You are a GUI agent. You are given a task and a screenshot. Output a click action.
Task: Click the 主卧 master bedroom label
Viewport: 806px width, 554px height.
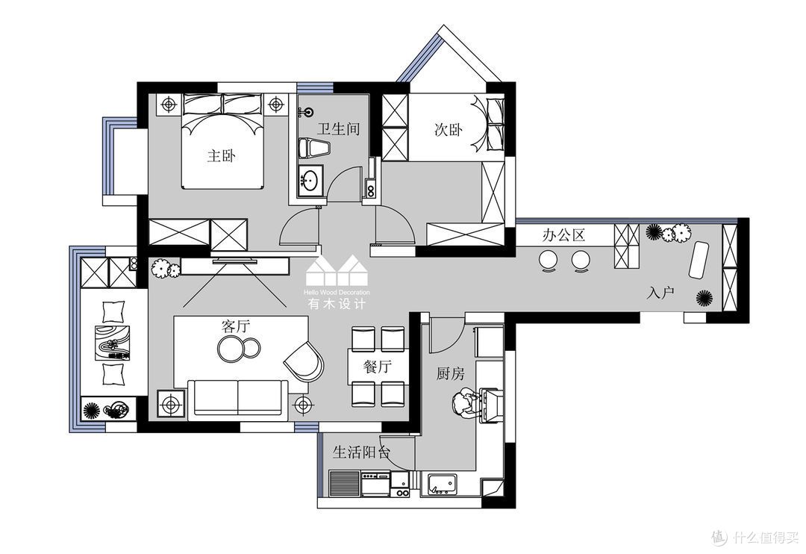222,155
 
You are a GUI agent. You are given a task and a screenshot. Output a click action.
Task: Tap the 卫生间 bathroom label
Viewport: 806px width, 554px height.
338,128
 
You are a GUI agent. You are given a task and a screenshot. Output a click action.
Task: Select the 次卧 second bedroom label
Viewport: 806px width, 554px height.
449,129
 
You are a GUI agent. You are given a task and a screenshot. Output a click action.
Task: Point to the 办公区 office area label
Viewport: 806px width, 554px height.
564,236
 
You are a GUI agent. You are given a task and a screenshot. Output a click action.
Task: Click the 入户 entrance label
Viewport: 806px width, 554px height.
660,293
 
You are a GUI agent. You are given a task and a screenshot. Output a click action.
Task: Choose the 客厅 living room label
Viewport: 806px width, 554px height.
235,326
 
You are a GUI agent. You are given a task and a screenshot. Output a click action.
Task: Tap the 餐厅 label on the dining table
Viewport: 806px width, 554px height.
378,367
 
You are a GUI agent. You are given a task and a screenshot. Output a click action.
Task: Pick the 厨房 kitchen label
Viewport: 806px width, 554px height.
450,373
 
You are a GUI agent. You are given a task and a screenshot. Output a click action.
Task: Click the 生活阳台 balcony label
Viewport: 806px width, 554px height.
361,452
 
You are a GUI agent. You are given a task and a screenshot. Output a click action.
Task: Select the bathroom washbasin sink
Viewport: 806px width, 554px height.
310,181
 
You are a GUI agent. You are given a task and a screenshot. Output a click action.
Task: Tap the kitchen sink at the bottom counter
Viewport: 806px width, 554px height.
443,484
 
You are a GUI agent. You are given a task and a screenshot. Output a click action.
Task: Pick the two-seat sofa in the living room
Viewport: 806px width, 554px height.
237,398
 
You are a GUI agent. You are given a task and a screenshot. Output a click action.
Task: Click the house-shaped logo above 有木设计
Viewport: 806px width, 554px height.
337,270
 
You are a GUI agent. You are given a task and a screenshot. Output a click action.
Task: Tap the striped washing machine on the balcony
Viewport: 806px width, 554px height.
343,484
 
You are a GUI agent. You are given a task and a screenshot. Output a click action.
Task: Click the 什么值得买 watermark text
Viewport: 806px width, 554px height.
766,538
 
